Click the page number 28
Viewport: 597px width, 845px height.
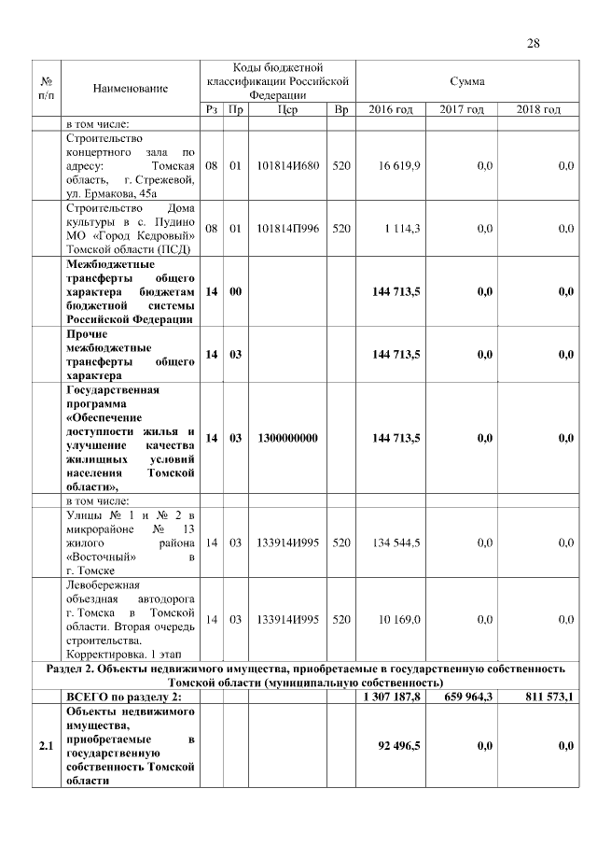tap(534, 43)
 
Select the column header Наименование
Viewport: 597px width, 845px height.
tap(131, 88)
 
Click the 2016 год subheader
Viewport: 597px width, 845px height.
tap(390, 110)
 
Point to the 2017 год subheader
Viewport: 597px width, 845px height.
tap(462, 110)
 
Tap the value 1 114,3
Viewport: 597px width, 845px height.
tap(403, 228)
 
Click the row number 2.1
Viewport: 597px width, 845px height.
tap(46, 746)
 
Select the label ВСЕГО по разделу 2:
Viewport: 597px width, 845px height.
tap(122, 697)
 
